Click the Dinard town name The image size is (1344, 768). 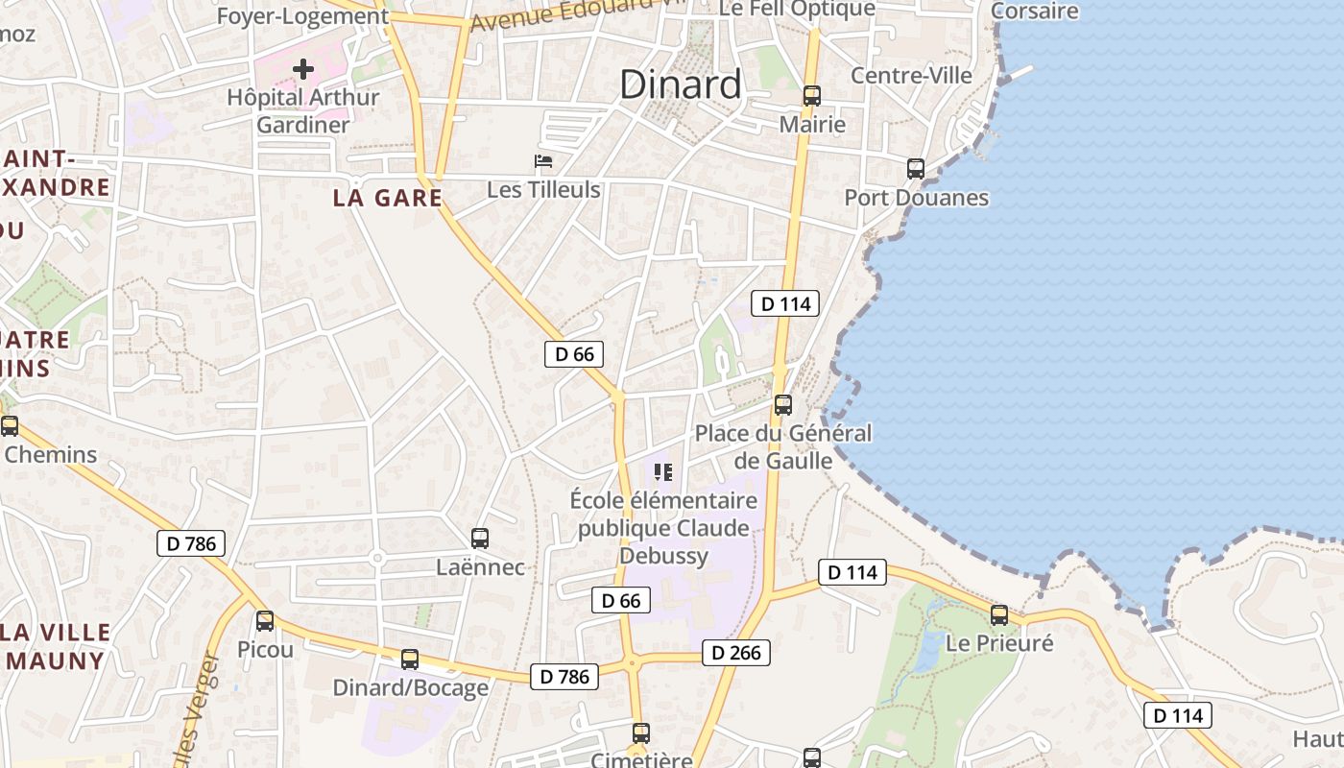[x=680, y=84]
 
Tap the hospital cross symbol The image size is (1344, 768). [x=303, y=68]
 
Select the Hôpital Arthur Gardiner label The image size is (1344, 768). [x=303, y=110]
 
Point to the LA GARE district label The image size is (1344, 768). [x=388, y=199]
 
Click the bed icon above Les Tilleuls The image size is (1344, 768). [x=543, y=161]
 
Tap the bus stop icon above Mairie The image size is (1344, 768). [x=812, y=95]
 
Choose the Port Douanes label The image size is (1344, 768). [x=916, y=198]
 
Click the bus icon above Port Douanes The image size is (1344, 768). [x=916, y=169]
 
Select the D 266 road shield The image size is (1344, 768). [x=736, y=653]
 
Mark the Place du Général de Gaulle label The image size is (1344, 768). [x=783, y=446]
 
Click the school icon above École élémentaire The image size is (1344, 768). [x=662, y=471]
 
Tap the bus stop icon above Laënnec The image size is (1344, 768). [x=480, y=539]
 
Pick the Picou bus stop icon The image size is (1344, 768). [x=265, y=621]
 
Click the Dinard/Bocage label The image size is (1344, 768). [x=410, y=687]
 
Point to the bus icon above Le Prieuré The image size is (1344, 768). [x=999, y=615]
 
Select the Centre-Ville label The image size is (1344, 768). [x=911, y=75]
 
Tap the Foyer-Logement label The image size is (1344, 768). [x=302, y=16]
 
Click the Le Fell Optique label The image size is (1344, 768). [x=797, y=10]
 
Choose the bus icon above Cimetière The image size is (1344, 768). [x=641, y=733]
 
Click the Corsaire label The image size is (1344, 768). [x=1034, y=12]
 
